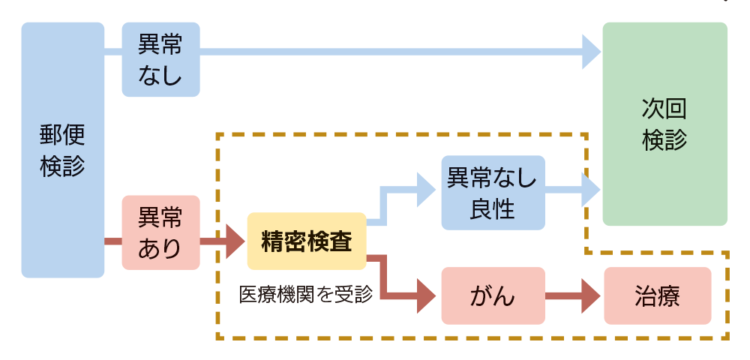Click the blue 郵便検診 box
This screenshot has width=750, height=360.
tap(62, 150)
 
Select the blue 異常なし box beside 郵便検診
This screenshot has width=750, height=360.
tap(160, 60)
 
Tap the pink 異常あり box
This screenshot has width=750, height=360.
tap(160, 232)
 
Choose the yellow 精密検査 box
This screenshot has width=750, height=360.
tap(306, 241)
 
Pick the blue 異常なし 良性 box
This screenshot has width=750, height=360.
tap(492, 192)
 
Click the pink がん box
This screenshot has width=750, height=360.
tap(492, 295)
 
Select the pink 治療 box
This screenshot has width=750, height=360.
tap(657, 295)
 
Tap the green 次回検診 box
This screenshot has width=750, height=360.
tap(664, 124)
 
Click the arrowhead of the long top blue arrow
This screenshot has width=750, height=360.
tap(591, 52)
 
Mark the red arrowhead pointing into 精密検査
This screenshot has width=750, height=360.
tap(235, 241)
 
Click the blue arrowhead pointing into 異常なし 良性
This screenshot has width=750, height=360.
tap(425, 190)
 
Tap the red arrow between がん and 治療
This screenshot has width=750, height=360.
tap(573, 296)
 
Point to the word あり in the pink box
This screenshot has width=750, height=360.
tap(160, 248)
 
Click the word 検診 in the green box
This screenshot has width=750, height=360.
tap(664, 140)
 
